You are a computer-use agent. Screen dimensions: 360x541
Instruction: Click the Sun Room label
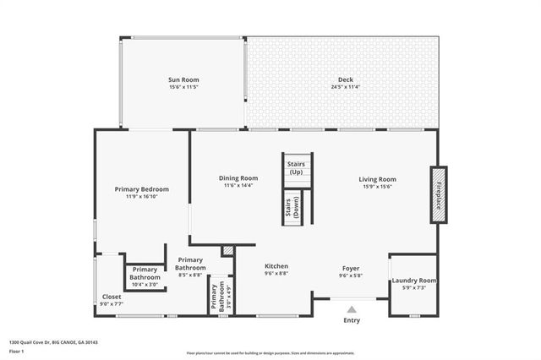[x=183, y=79]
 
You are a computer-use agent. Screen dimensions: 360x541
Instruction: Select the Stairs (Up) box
[x=296, y=166]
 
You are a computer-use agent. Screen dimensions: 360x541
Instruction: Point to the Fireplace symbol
[x=439, y=194]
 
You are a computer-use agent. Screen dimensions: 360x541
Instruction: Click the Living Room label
[x=378, y=178]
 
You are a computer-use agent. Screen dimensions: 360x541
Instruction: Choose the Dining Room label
[x=238, y=178]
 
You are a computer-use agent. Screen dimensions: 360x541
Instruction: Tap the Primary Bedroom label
[x=142, y=188]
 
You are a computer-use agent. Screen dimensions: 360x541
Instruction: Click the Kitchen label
[x=276, y=265]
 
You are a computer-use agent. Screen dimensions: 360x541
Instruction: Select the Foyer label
[x=351, y=267]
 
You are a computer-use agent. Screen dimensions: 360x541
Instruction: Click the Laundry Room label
[x=414, y=281]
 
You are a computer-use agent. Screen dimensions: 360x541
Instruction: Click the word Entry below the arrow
[x=351, y=320]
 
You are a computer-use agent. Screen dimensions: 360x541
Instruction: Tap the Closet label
[x=112, y=297]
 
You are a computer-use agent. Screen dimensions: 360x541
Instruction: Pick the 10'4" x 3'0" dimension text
[x=145, y=285]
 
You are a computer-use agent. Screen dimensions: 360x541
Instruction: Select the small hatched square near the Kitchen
[x=227, y=251]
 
